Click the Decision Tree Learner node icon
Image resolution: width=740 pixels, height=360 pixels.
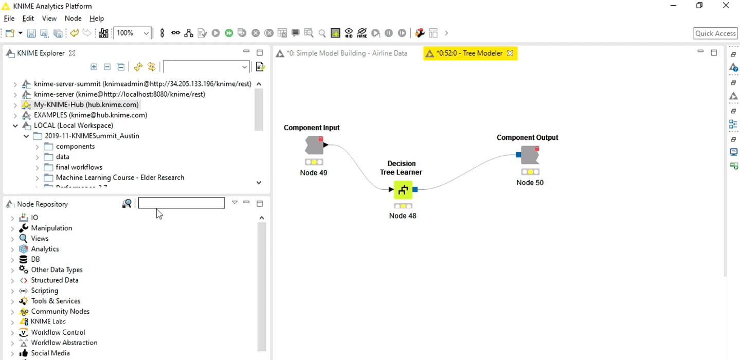(403, 190)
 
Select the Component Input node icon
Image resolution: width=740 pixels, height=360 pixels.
(314, 146)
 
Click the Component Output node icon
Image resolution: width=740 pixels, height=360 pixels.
(530, 155)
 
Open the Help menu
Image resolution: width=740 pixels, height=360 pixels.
(97, 19)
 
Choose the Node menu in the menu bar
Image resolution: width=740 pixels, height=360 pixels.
(73, 19)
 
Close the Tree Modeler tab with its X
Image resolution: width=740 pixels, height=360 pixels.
(510, 53)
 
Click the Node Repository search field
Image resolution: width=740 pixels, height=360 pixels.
(182, 203)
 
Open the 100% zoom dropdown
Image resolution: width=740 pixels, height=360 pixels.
(146, 33)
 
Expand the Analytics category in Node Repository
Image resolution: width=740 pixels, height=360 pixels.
(12, 249)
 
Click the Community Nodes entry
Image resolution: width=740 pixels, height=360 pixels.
(60, 312)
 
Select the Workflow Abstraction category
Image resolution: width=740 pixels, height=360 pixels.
(64, 343)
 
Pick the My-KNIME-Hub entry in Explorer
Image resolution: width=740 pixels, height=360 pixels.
(86, 105)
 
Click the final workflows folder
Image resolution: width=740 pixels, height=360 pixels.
(79, 167)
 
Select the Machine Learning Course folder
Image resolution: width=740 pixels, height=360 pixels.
(120, 178)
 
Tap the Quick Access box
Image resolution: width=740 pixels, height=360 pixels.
(715, 33)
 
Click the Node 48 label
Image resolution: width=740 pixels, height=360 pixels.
(403, 215)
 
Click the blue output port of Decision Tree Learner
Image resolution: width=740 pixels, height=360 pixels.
(416, 189)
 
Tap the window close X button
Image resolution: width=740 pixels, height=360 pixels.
(726, 6)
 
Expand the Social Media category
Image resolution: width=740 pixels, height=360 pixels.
(12, 353)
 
